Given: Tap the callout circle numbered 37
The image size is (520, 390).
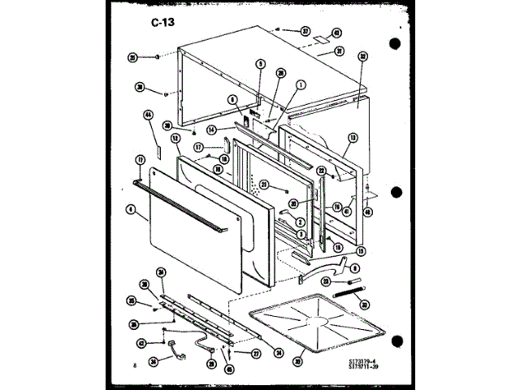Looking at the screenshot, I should click(x=305, y=32).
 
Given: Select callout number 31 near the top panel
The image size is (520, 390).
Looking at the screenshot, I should click(x=339, y=50).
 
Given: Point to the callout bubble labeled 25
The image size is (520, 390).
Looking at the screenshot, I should click(x=132, y=57).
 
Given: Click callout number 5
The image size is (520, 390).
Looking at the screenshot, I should click(x=260, y=64).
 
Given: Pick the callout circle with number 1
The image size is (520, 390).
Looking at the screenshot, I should click(x=300, y=84).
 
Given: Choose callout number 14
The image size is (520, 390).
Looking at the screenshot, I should click(x=210, y=128).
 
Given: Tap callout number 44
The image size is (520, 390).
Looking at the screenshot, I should click(x=149, y=115).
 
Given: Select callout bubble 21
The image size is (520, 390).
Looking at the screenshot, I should click(x=264, y=186).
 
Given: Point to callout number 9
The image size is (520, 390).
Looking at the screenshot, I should click(x=355, y=267).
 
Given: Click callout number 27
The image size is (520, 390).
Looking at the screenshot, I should click(x=255, y=354).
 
